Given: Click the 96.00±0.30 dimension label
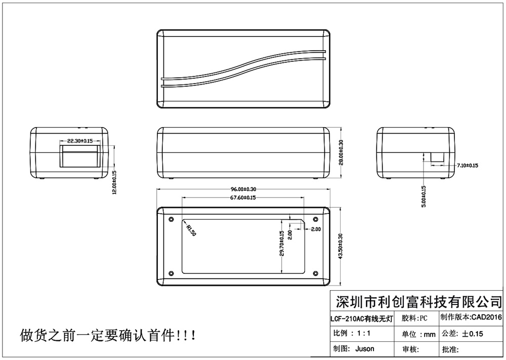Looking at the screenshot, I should tap(243, 189).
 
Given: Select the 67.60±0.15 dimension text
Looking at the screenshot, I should tap(242, 197).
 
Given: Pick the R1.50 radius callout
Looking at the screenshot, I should tap(191, 230).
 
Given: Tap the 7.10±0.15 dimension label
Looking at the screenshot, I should tap(467, 166).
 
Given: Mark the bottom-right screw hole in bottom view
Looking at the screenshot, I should tap(315, 274).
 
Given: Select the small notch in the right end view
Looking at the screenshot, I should tap(437, 157).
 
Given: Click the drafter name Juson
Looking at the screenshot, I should tap(365, 349).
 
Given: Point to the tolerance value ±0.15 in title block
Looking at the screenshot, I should tap(473, 334).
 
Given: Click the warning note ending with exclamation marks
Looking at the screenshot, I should tap(106, 335).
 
